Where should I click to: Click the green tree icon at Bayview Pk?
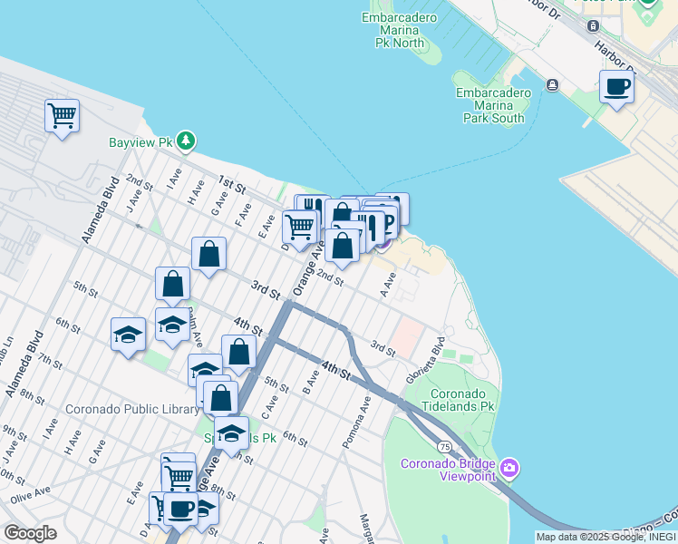tap(186, 141)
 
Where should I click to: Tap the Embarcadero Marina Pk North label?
tap(392, 30)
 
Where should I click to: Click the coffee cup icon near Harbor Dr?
tap(616, 87)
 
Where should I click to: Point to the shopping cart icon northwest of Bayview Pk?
tap(62, 115)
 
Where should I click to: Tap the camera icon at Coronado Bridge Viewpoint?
tap(509, 468)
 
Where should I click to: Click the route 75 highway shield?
tap(444, 446)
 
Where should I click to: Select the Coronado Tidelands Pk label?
tap(464, 401)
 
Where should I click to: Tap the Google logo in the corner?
tap(29, 533)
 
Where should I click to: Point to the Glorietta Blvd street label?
tap(425, 360)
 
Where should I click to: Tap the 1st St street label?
tap(233, 188)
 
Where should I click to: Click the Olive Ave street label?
tap(27, 498)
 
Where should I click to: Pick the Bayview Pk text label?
tap(140, 142)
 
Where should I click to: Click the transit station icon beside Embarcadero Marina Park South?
tap(552, 85)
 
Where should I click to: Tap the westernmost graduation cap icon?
tap(128, 335)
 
